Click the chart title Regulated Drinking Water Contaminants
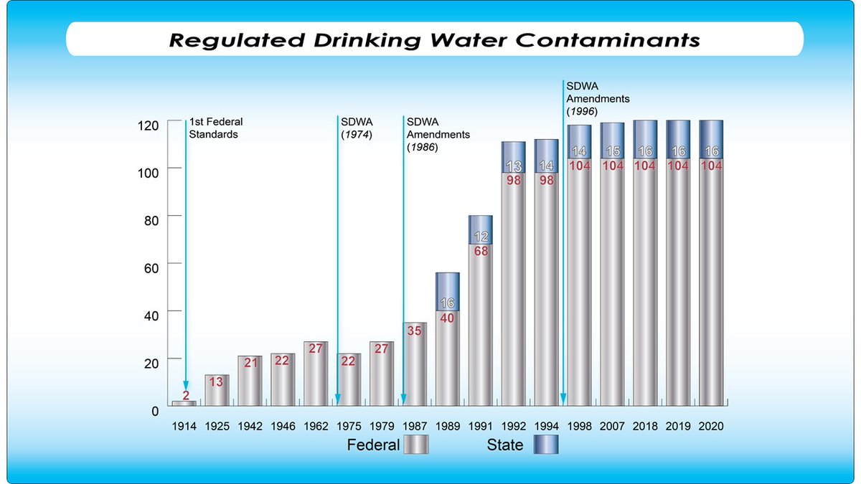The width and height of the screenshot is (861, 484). (x=434, y=39)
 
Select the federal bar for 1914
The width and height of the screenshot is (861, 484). (x=184, y=403)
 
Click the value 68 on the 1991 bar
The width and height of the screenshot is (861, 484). (x=481, y=252)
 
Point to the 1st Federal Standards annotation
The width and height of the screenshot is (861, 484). (x=213, y=128)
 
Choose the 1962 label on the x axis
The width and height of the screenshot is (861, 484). (x=316, y=426)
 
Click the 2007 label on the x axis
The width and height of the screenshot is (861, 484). (x=612, y=426)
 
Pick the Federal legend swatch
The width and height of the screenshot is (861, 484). (x=415, y=445)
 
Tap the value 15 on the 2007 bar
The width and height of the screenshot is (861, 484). (x=612, y=152)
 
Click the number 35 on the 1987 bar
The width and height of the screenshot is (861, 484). (x=415, y=331)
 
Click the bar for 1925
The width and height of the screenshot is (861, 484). (x=217, y=390)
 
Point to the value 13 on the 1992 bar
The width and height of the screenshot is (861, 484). (x=513, y=166)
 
